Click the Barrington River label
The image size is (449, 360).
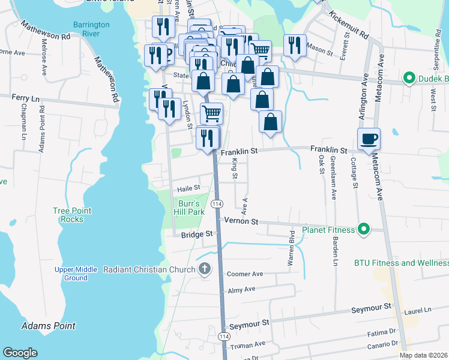[x=91, y=29]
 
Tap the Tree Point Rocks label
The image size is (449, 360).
[x=72, y=215]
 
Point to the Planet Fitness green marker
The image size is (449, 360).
[x=363, y=229]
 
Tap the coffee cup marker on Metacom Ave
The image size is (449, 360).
[x=369, y=139]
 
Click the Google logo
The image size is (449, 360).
[x=20, y=353]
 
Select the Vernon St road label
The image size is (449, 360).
[x=241, y=221]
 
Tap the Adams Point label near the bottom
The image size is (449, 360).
[x=48, y=326]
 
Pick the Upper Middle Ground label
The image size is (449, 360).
[x=76, y=274]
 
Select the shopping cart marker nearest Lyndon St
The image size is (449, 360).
[x=211, y=112]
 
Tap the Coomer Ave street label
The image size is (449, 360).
[x=245, y=274]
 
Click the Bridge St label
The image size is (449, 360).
[x=197, y=234]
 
